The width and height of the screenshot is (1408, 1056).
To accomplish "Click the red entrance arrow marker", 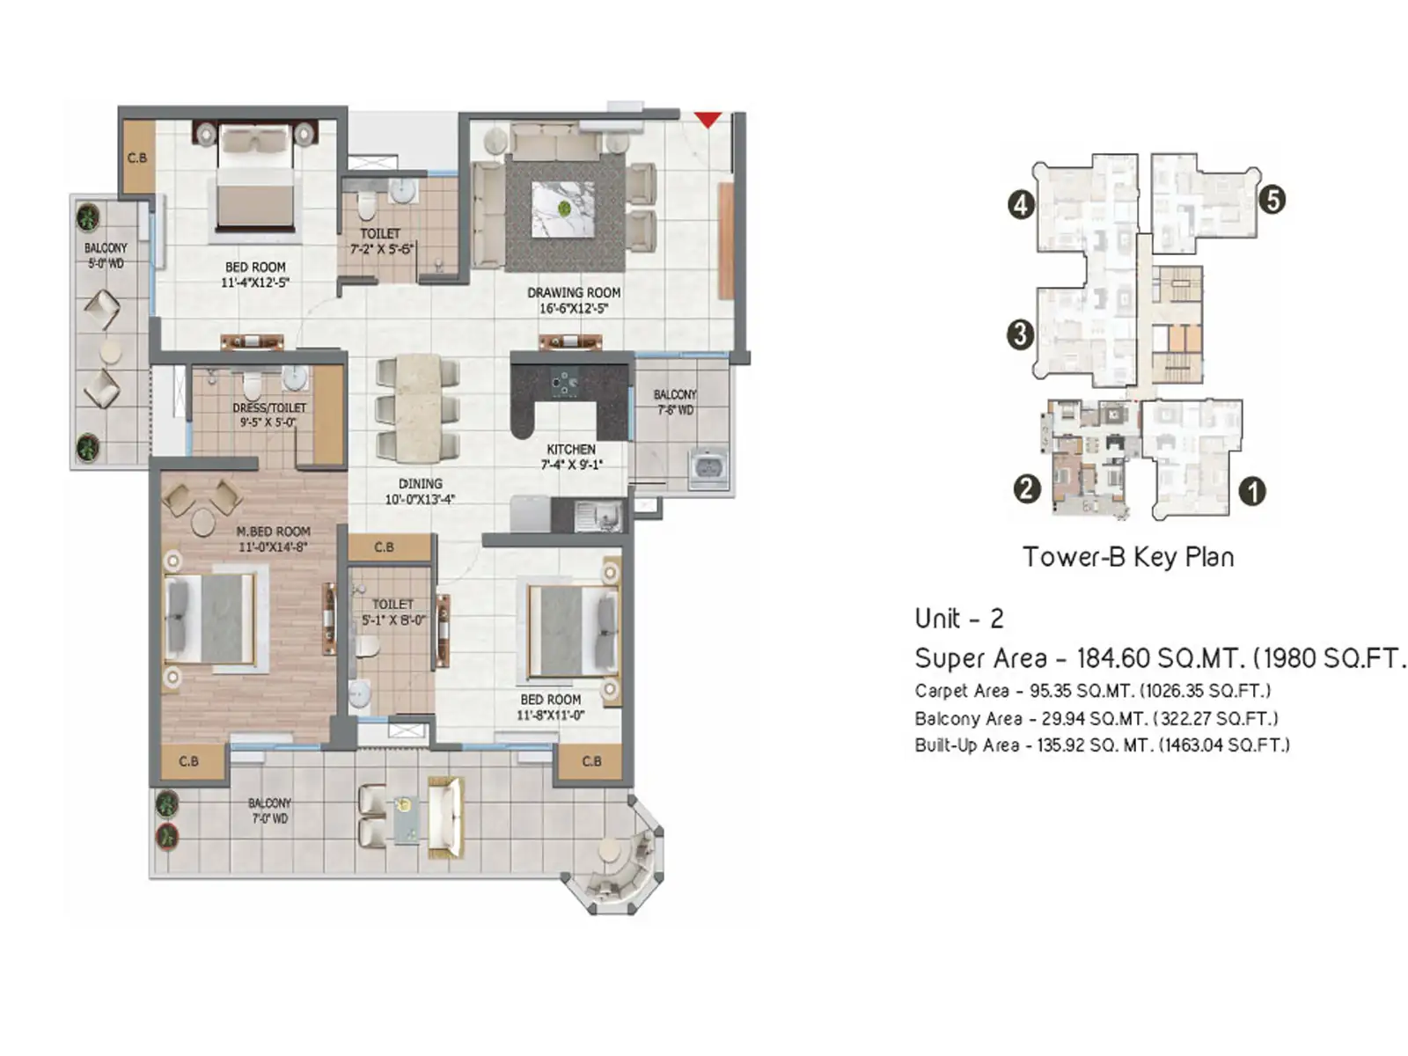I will [708, 119].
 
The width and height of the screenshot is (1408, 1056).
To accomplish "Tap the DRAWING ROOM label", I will [574, 293].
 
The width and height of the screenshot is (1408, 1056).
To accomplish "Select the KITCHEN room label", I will [571, 450].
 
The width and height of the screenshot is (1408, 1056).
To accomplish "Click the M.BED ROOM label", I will [273, 532].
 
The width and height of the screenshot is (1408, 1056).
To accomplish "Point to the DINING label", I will [421, 484].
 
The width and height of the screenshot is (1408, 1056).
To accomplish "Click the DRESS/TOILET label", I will [269, 408].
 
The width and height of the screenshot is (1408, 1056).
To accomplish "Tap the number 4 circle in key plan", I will [1020, 205].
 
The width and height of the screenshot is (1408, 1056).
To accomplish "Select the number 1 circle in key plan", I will [1251, 491].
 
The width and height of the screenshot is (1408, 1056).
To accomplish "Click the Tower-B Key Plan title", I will [1128, 557].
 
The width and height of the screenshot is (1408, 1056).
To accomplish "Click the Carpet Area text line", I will [1092, 691].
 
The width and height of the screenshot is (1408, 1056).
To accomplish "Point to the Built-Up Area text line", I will [1102, 745].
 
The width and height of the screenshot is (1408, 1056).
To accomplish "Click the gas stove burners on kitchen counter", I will [561, 384].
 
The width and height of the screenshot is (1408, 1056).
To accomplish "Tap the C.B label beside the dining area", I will [385, 547].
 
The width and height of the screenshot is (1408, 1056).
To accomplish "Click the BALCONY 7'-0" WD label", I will [269, 810].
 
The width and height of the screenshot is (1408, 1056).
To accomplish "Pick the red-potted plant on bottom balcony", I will [166, 837].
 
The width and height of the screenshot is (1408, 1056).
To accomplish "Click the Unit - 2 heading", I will [958, 619].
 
